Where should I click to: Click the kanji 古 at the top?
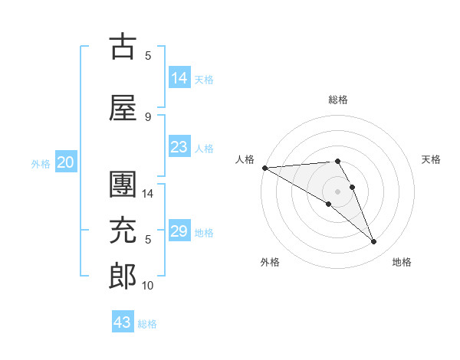click(x=123, y=47)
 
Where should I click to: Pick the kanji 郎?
click(x=123, y=277)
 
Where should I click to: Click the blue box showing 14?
click(x=179, y=77)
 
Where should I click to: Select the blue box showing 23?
click(x=179, y=147)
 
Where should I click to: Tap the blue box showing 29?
click(x=179, y=231)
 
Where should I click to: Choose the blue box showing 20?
click(x=65, y=162)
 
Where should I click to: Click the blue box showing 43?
click(x=123, y=322)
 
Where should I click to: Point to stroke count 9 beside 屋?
click(x=148, y=116)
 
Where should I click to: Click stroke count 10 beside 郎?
click(x=148, y=285)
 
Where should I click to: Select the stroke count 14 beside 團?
click(x=148, y=193)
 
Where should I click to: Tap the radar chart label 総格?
click(x=338, y=100)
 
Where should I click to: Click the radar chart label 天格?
click(x=431, y=159)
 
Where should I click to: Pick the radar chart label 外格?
click(x=269, y=262)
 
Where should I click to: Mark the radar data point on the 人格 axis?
click(x=264, y=168)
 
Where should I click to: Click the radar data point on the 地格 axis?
click(x=373, y=242)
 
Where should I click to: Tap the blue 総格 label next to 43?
click(x=147, y=324)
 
